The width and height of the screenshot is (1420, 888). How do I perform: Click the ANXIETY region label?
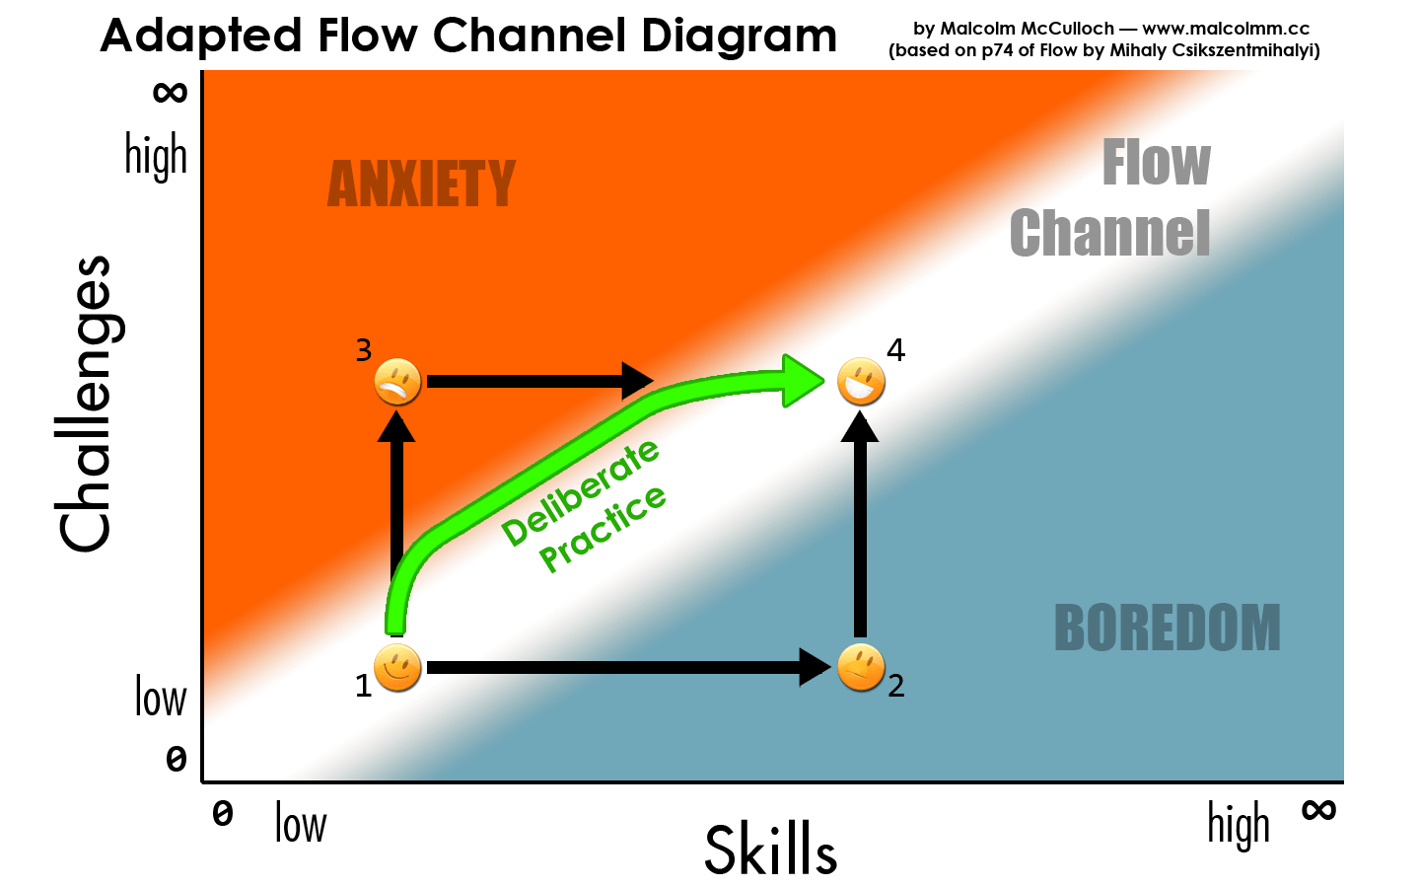pyautogui.click(x=421, y=185)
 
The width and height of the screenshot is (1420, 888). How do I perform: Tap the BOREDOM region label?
pyautogui.click(x=1167, y=629)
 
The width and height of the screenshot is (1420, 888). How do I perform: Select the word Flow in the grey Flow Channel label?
pyautogui.click(x=1156, y=163)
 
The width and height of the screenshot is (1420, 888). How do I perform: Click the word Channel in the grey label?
pyautogui.click(x=1109, y=234)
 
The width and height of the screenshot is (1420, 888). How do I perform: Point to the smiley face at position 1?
pyautogui.click(x=397, y=668)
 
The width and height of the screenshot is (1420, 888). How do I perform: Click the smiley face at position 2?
pyautogui.click(x=860, y=668)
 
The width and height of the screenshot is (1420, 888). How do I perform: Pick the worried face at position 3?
pyautogui.click(x=397, y=382)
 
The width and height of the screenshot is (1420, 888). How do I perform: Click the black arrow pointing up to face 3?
pyautogui.click(x=397, y=493)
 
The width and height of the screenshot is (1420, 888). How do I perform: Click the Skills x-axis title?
pyautogui.click(x=770, y=850)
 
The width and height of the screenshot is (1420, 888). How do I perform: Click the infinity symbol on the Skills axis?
pyautogui.click(x=1318, y=811)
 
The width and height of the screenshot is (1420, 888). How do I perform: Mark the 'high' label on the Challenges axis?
pyautogui.click(x=156, y=156)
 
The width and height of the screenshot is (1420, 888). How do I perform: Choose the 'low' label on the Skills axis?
pyautogui.click(x=300, y=824)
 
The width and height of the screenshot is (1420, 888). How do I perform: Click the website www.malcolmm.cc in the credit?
pyautogui.click(x=1226, y=29)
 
